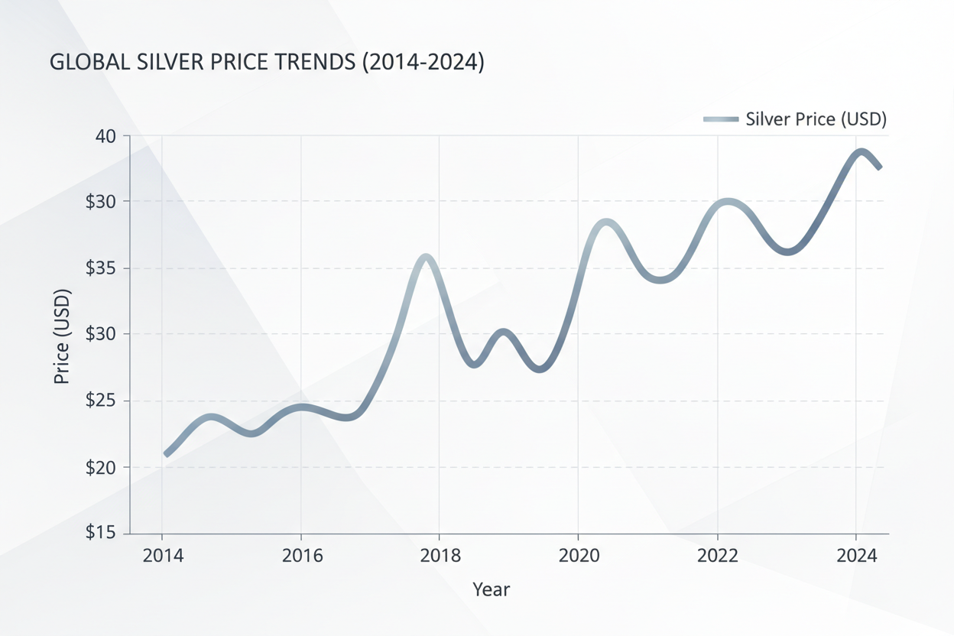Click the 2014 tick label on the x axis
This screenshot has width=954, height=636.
163,555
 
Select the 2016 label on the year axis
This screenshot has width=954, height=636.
302,555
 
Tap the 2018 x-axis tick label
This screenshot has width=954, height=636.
441,555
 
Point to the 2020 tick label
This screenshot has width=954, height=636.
579,555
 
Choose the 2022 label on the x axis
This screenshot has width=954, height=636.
719,555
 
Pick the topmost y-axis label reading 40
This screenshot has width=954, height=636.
106,136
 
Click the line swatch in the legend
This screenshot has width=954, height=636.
720,119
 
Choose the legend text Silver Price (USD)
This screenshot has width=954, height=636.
815,119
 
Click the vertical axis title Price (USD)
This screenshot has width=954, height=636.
62,336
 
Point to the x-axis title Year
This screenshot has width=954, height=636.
491,589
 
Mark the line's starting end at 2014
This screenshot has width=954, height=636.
167,454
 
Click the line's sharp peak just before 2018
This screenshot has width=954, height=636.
426,257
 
